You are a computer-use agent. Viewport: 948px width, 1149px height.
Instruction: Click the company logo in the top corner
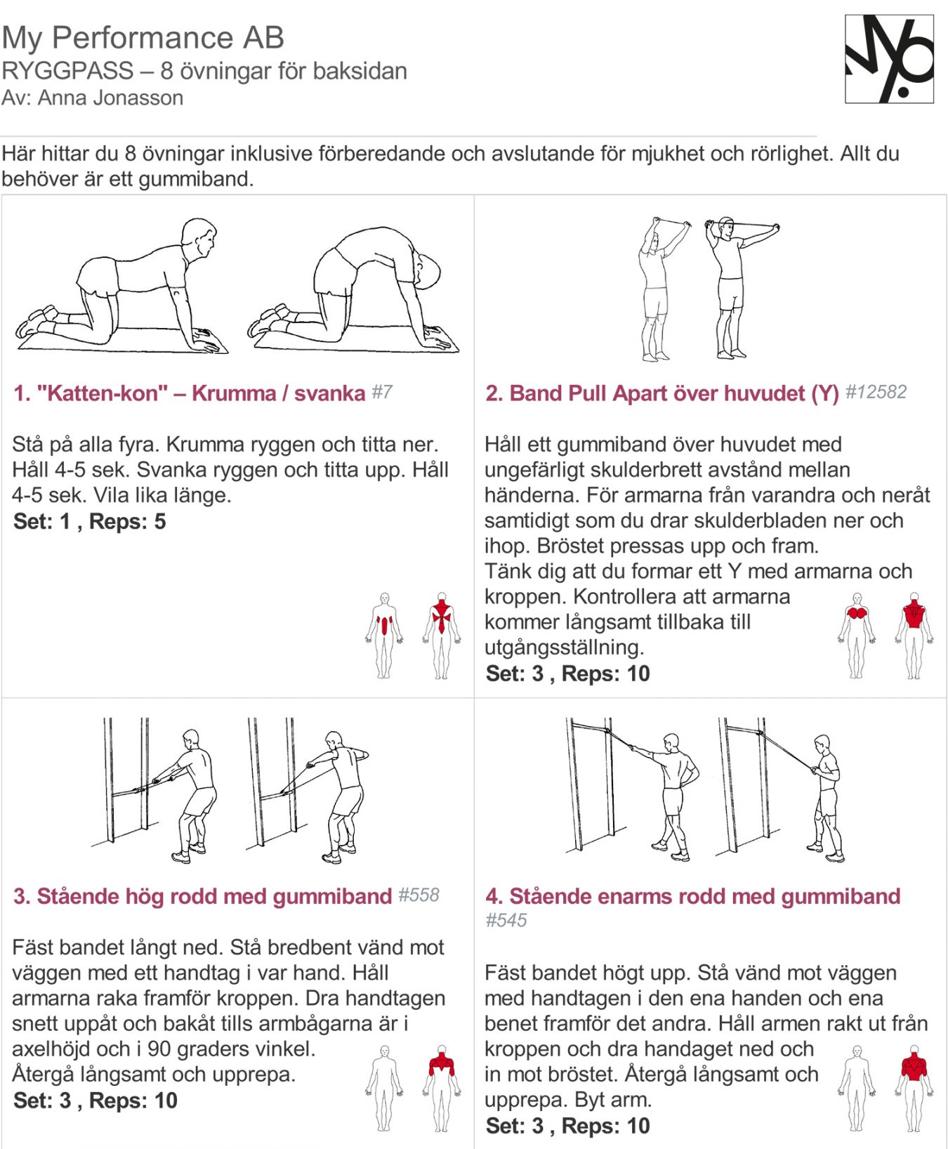[x=889, y=59]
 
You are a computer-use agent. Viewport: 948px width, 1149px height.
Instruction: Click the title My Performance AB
[x=143, y=38]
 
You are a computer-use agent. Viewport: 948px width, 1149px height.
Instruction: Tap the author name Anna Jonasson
[x=110, y=98]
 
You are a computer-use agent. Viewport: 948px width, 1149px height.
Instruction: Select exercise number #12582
[x=876, y=392]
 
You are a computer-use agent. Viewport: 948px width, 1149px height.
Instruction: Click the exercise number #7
[x=382, y=392]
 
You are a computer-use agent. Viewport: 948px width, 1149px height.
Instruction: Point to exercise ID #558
[x=419, y=895]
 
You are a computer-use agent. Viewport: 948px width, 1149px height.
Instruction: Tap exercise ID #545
[x=506, y=920]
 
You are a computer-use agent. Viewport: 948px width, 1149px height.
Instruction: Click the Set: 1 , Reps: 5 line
[x=89, y=522]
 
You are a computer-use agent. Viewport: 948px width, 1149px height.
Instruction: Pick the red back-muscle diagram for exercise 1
[x=441, y=635]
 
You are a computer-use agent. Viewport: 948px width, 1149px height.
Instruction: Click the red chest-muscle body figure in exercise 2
[x=856, y=635]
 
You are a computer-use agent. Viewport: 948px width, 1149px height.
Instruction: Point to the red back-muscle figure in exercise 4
[x=914, y=1088]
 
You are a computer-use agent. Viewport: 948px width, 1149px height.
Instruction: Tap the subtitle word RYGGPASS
[x=67, y=71]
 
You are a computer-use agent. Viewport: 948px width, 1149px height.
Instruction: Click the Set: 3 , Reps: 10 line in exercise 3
[x=95, y=1101]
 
